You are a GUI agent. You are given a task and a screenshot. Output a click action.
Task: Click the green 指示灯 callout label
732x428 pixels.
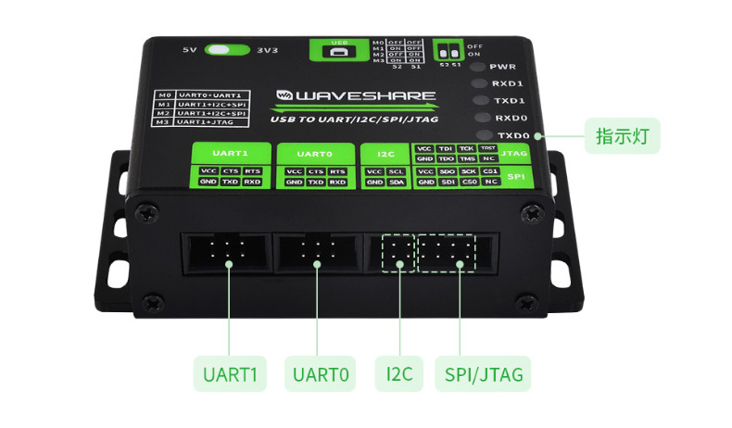(x=627, y=137)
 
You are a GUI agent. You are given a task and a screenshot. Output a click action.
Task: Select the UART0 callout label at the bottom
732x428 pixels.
(x=320, y=375)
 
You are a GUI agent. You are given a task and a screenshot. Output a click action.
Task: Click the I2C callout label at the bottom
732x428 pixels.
(x=399, y=375)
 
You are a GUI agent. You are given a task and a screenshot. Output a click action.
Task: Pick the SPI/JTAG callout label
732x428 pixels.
(x=484, y=375)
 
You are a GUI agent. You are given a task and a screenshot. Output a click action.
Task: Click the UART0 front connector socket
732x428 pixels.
(x=317, y=252)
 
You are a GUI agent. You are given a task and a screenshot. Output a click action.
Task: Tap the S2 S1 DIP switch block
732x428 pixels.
(x=451, y=49)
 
